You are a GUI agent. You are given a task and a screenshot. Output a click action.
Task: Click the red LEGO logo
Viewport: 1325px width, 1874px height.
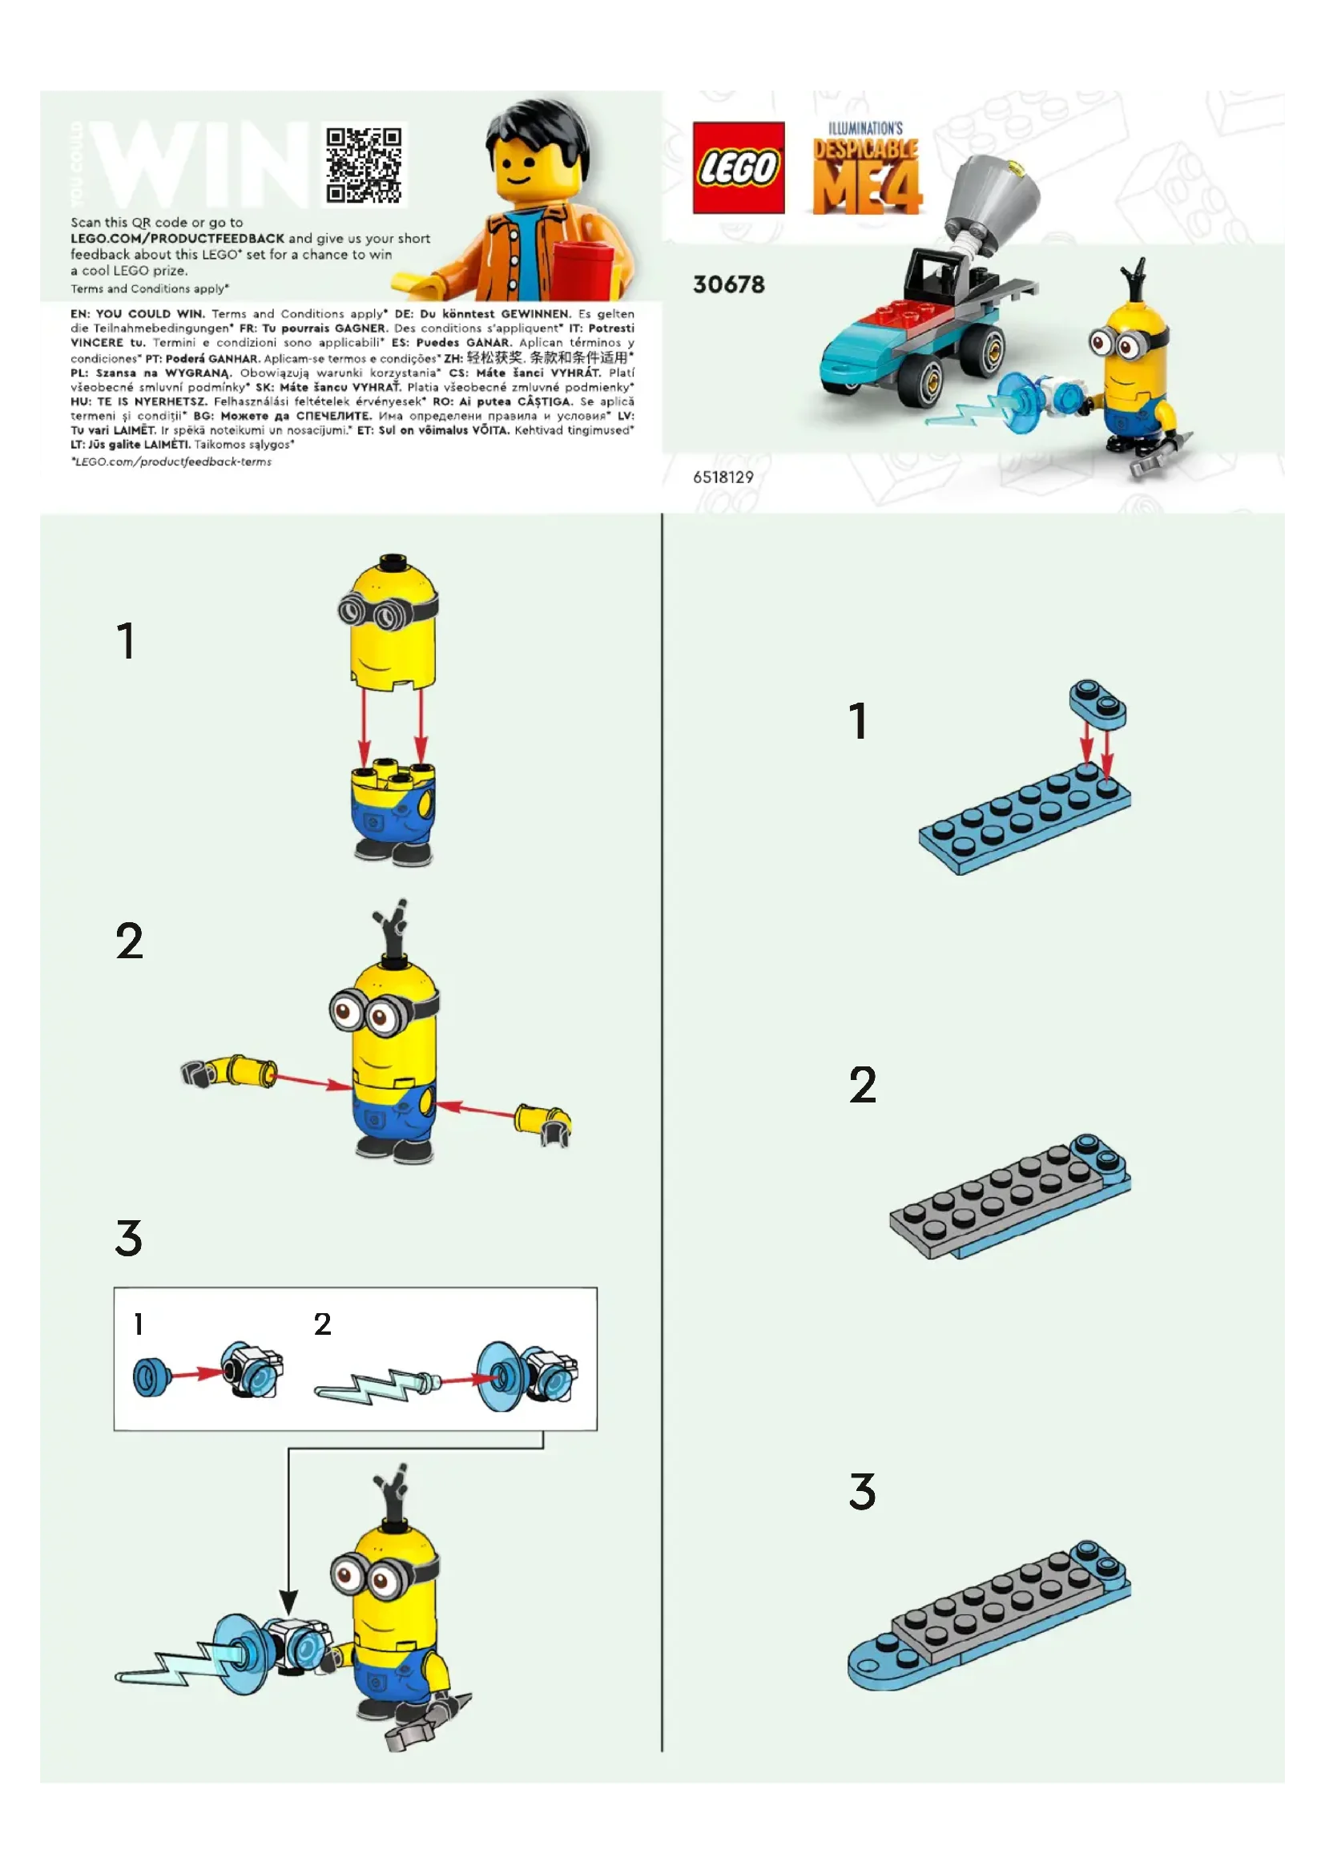(739, 167)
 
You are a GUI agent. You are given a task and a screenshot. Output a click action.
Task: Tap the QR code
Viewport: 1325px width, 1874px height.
(364, 165)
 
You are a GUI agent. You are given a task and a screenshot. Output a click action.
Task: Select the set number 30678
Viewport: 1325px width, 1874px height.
(728, 285)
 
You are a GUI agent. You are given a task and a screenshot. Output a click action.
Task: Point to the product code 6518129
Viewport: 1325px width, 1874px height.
(723, 478)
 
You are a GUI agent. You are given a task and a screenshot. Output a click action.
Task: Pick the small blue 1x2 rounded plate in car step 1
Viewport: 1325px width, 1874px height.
(1097, 704)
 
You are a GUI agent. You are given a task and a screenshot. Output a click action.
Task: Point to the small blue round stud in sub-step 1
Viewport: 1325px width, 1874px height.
(150, 1377)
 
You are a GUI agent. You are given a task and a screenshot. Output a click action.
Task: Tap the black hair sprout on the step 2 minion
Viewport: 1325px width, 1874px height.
(393, 930)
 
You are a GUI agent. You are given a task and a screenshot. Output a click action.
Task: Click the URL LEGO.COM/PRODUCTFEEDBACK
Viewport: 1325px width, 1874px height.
(177, 238)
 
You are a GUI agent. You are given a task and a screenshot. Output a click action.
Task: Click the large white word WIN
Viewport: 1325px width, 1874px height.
(200, 166)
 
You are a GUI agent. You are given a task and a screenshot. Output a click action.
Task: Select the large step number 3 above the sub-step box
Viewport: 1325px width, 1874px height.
(129, 1238)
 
